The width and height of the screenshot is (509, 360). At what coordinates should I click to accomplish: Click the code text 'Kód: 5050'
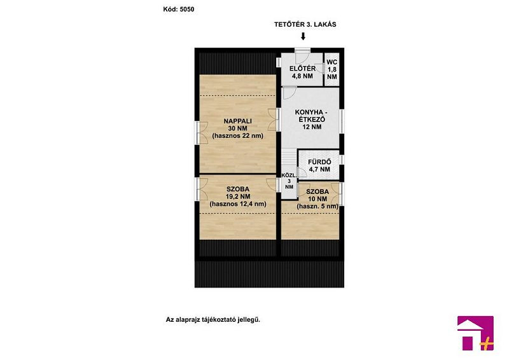tap(179, 10)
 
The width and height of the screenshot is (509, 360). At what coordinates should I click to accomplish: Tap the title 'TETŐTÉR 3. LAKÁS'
tap(305, 24)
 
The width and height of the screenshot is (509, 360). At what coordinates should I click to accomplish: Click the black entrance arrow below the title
tap(303, 36)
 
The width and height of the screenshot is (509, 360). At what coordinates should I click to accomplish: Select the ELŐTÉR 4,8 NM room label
tap(303, 73)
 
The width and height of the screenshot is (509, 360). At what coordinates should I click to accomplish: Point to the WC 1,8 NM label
tap(331, 69)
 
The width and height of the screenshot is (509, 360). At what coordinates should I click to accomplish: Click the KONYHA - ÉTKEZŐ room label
tap(312, 120)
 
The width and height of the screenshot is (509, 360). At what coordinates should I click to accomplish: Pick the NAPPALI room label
tap(237, 125)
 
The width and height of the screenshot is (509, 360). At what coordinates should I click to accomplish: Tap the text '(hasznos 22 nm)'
tap(237, 135)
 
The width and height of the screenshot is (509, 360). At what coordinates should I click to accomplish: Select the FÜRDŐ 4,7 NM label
tap(319, 165)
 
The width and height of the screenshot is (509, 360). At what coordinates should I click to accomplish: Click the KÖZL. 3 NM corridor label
tap(289, 181)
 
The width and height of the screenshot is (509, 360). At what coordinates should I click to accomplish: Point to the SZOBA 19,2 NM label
tap(238, 193)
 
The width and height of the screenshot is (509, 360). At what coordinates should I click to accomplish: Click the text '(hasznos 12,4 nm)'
tap(238, 204)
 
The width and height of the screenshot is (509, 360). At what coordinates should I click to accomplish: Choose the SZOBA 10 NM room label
tap(317, 195)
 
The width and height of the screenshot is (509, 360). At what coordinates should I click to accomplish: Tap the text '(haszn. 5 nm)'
tap(317, 207)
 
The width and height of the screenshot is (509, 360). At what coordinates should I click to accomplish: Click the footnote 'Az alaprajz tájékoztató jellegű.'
tap(213, 320)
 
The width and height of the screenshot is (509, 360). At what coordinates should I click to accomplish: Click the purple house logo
tap(475, 333)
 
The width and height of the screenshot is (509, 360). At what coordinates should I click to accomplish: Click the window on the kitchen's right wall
tap(342, 121)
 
